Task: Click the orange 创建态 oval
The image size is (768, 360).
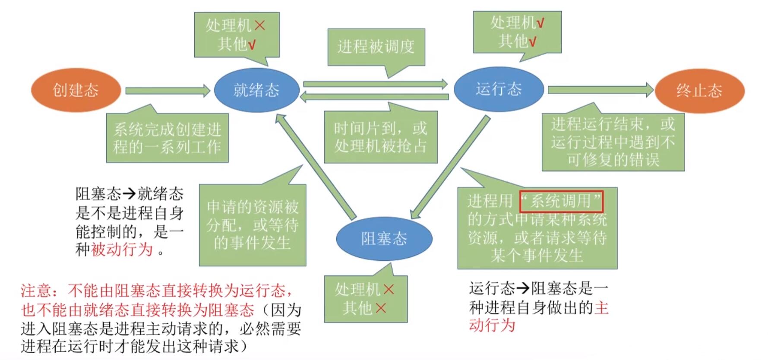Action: click(76, 90)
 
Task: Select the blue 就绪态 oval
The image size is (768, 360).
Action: click(256, 90)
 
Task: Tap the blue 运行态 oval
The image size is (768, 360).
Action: click(499, 89)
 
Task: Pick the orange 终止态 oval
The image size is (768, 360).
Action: click(699, 91)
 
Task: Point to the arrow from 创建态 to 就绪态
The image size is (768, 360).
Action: click(168, 91)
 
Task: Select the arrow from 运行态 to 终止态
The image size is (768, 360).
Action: click(600, 90)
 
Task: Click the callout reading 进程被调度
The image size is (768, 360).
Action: click(376, 47)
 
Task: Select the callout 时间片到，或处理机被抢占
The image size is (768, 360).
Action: click(380, 137)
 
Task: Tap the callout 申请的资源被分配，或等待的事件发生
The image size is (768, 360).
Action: click(253, 225)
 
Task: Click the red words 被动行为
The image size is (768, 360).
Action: click(122, 249)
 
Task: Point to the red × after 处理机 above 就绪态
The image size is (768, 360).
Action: click(259, 25)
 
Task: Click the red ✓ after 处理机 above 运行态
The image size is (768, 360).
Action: click(540, 23)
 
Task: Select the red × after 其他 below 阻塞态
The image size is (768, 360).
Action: click(381, 308)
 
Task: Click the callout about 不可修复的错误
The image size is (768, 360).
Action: click(613, 142)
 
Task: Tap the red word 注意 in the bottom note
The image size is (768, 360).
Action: click(36, 291)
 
